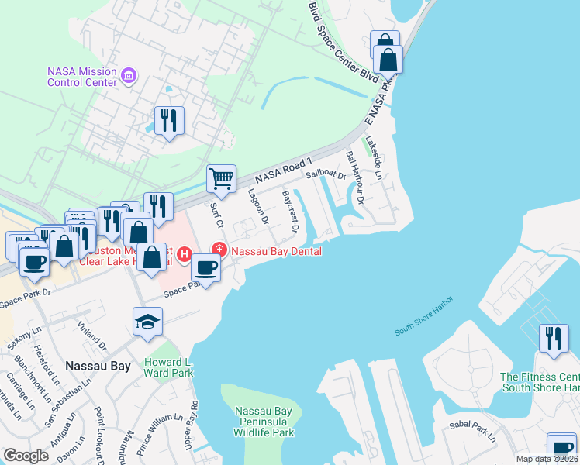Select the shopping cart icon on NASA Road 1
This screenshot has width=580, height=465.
coord(221,178)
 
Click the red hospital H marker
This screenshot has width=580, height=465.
coord(185,253)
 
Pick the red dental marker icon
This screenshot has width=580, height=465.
coord(219,249)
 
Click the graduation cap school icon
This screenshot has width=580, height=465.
coord(147,322)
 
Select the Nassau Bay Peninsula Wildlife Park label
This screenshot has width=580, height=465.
coord(255,421)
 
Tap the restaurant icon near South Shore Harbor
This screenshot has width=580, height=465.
coord(553,339)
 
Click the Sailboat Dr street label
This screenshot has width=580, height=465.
coord(325,174)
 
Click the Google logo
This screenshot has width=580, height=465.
coord(26,456)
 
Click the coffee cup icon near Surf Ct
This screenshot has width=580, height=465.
coord(205,267)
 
